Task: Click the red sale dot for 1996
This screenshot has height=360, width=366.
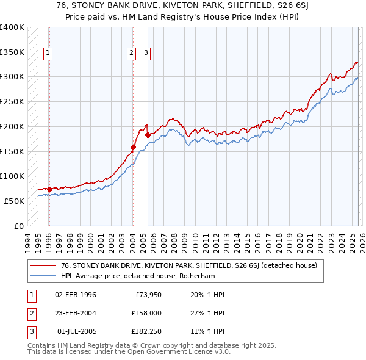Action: coord(49,189)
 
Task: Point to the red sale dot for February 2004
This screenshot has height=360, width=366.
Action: coord(133,147)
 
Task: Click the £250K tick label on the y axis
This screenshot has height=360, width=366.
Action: coord(12,101)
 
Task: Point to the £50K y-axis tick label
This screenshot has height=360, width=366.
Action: coord(14,201)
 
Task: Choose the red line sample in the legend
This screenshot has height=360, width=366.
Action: coord(43,265)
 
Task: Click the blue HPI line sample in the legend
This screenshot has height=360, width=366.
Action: coord(43,275)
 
